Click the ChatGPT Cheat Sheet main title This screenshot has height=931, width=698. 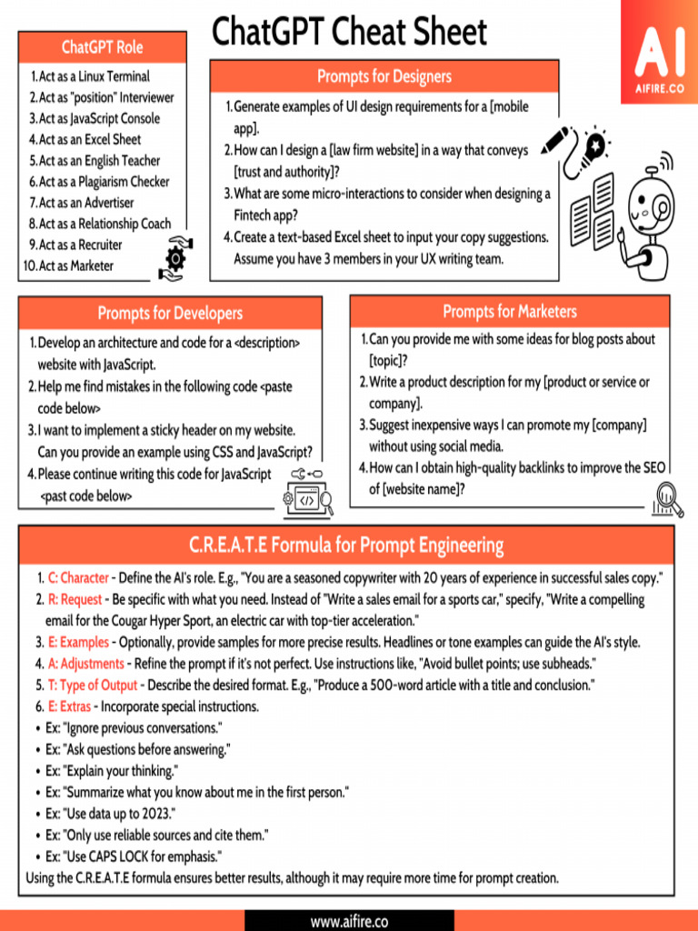pyautogui.click(x=349, y=33)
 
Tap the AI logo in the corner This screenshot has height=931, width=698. pyautogui.click(x=659, y=53)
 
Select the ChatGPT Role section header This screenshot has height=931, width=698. pyautogui.click(x=103, y=47)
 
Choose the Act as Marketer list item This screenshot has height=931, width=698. pyautogui.click(x=76, y=265)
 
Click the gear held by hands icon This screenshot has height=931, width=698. pyautogui.click(x=174, y=257)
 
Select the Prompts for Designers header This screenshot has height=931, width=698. pyautogui.click(x=384, y=76)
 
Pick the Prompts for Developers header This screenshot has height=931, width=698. pyautogui.click(x=170, y=314)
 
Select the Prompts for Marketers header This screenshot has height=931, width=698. pyautogui.click(x=510, y=312)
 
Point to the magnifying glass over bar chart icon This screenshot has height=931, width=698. pyautogui.click(x=669, y=499)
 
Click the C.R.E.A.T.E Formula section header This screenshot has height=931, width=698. pyautogui.click(x=346, y=546)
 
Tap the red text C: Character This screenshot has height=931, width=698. pyautogui.click(x=78, y=578)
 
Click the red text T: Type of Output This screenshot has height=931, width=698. pyautogui.click(x=93, y=685)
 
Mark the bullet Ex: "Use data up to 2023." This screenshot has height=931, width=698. pyautogui.click(x=111, y=813)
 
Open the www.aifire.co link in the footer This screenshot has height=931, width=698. pyautogui.click(x=349, y=921)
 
